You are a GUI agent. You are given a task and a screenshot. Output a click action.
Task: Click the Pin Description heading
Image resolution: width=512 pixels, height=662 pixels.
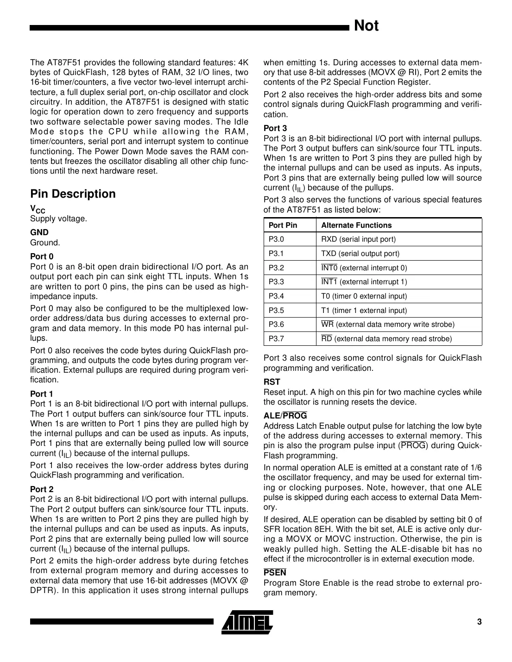(73, 194)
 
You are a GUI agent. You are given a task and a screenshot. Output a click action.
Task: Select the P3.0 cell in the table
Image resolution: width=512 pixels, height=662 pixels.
(277, 239)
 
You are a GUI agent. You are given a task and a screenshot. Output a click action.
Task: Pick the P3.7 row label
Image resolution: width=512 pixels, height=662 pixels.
(277, 339)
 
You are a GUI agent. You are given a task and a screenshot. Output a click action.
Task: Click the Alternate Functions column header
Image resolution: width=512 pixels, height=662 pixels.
(356, 225)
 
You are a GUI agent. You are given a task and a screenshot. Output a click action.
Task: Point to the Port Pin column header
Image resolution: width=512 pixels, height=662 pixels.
(283, 225)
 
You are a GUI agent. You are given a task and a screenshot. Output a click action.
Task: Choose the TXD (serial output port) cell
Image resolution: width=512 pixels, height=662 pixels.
(360, 254)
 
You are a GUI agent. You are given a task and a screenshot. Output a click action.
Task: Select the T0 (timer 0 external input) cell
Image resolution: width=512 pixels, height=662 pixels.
(364, 296)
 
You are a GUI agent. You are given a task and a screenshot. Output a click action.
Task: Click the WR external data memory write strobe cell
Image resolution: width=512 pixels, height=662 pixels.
(387, 325)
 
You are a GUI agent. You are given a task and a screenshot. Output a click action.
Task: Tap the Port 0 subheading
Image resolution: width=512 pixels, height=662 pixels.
(42, 256)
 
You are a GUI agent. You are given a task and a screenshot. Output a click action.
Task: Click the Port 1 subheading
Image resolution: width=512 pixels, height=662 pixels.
(42, 394)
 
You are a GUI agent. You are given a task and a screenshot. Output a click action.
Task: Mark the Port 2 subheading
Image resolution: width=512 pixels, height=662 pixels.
(42, 489)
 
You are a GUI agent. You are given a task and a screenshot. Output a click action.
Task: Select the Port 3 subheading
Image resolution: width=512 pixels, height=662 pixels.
(275, 128)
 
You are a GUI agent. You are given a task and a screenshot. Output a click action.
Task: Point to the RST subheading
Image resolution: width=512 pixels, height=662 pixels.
(272, 382)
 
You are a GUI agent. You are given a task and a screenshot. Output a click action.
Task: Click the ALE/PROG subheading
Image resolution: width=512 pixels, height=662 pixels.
(285, 416)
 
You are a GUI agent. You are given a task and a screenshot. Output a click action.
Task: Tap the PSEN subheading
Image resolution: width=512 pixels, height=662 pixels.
(275, 573)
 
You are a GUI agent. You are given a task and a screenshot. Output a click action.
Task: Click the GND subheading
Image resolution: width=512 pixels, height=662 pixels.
(39, 232)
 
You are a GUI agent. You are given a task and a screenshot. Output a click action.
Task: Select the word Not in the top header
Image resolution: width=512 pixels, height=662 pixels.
(366, 26)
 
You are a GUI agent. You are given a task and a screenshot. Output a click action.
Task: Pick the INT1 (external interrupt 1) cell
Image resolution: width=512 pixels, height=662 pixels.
(364, 282)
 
